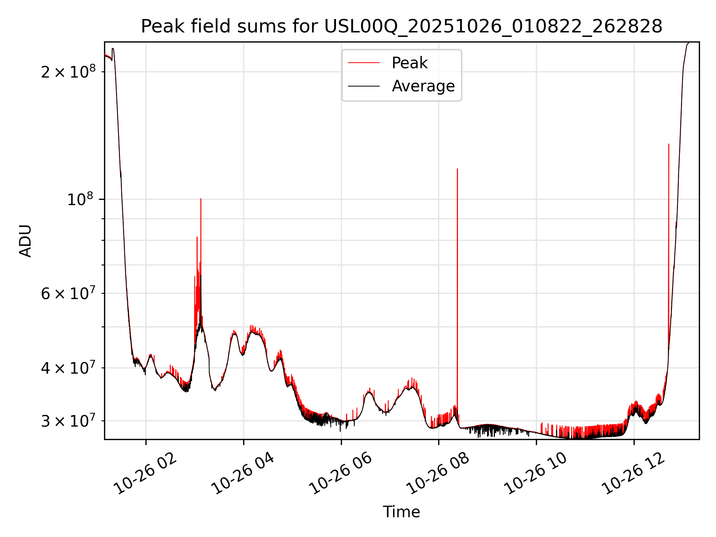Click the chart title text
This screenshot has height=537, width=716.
[x=401, y=26]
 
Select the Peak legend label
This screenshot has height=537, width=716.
[x=409, y=63]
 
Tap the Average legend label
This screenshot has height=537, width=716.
[x=423, y=86]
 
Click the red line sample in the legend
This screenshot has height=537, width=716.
[x=364, y=63]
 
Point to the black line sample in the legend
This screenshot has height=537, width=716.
[x=364, y=86]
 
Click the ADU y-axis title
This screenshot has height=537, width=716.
[x=25, y=241]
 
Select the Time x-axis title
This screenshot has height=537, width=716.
[x=401, y=512]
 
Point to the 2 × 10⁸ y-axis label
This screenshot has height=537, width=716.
[x=68, y=71]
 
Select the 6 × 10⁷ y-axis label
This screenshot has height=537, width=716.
[x=68, y=293]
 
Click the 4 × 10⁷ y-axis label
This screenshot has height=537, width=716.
[x=68, y=368]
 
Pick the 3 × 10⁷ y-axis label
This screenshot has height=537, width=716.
[x=68, y=421]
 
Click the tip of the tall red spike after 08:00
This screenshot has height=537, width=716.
[x=457, y=169]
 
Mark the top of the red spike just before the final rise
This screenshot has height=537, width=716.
[x=669, y=144]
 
